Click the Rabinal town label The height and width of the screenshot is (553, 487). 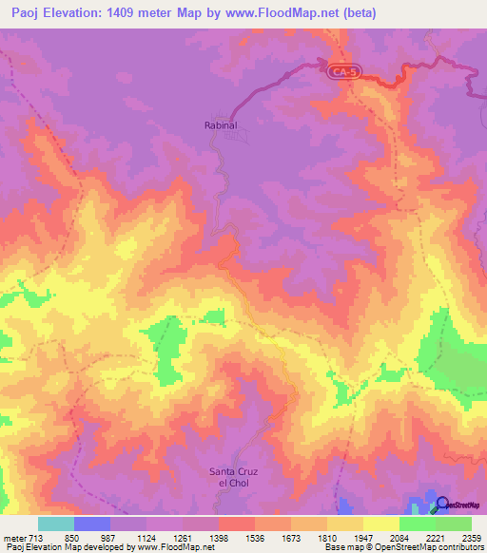coord(220,124)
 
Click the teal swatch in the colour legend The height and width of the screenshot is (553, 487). coord(55,524)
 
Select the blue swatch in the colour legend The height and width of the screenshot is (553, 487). coord(91,524)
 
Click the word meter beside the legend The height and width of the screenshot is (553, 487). coord(14,537)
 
